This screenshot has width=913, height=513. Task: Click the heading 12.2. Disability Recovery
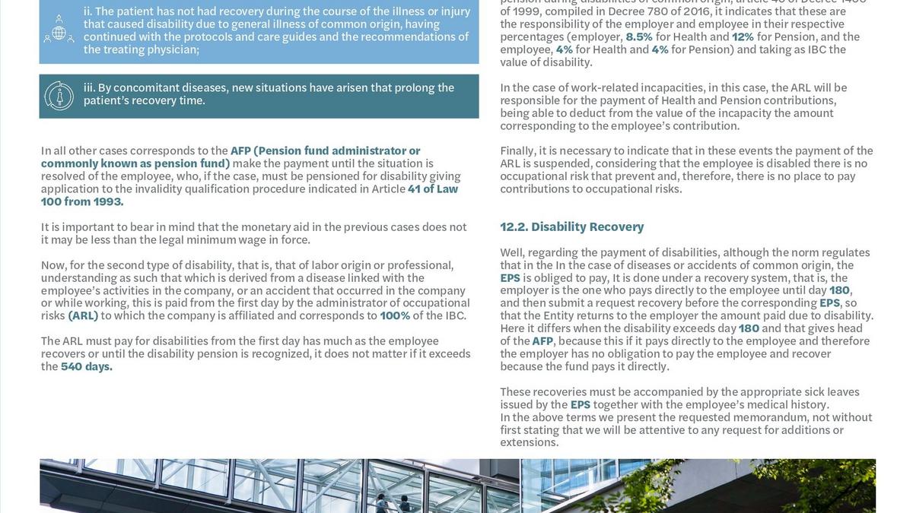[x=571, y=226]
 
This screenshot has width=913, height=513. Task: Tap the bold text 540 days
[x=87, y=366]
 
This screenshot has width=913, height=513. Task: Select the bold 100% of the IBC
[x=395, y=315]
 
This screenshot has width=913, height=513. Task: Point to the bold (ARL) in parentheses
[x=83, y=315]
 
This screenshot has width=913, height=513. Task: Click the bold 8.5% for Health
[x=639, y=36]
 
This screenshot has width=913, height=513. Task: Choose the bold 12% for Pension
[x=743, y=36]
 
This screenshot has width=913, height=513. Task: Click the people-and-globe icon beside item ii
[x=59, y=29]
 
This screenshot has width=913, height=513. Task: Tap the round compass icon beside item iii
[x=59, y=96]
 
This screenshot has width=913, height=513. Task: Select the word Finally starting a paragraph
[x=518, y=150]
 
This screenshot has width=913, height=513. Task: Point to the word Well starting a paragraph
[x=512, y=252]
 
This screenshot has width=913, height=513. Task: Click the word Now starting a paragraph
[x=53, y=265]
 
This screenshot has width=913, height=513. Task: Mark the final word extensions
[x=529, y=442]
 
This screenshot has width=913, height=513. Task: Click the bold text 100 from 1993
[x=82, y=201]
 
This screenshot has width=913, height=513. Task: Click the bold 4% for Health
[x=564, y=49]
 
